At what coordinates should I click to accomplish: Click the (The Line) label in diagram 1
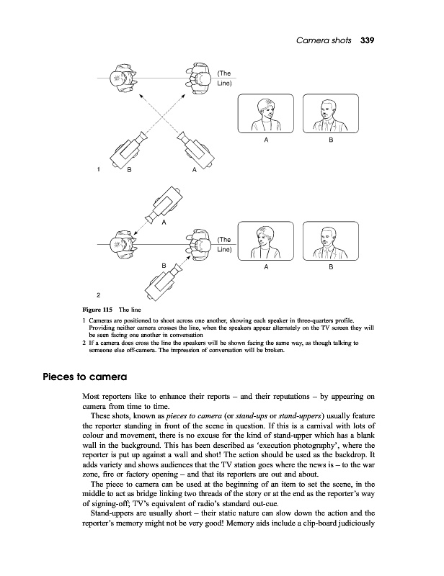[223, 78]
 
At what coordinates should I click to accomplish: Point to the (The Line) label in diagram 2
[223, 244]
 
